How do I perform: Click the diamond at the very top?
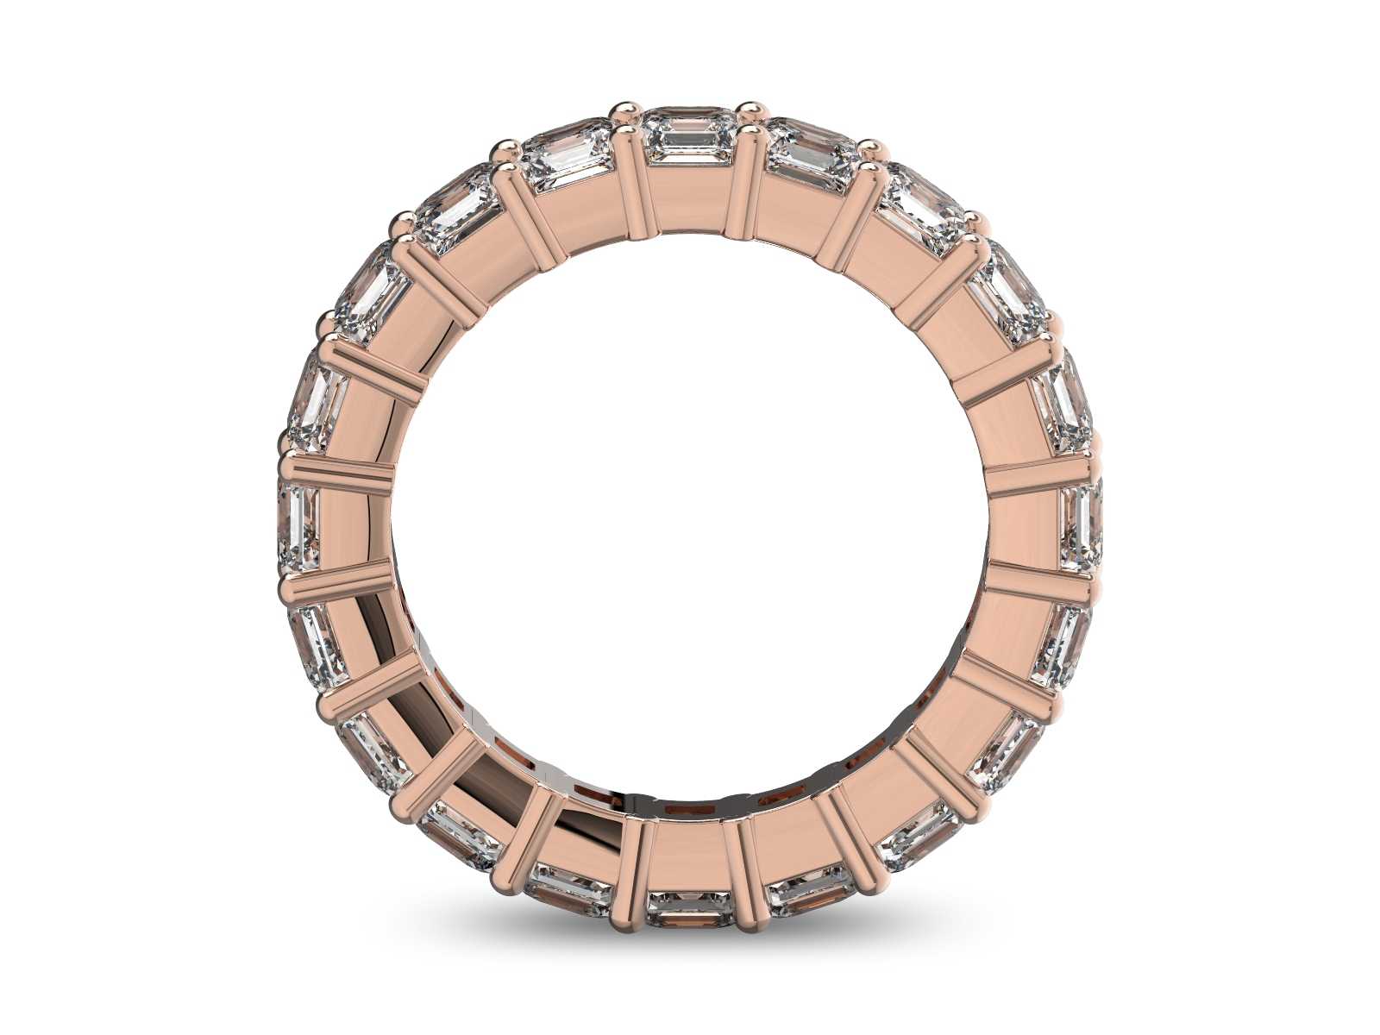click(x=689, y=138)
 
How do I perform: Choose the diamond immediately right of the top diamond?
click(x=811, y=155)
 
